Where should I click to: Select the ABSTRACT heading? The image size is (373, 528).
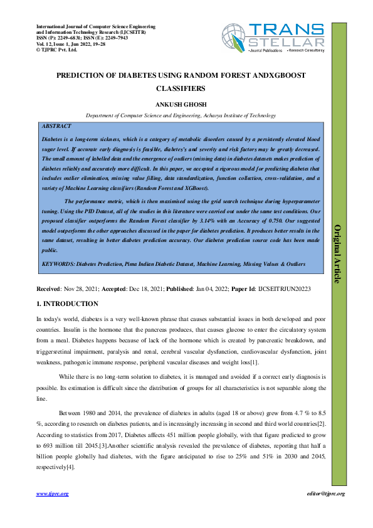click(x=56, y=126)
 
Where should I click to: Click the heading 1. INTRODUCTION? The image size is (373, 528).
click(x=68, y=304)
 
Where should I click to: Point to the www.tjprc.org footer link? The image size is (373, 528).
click(x=53, y=494)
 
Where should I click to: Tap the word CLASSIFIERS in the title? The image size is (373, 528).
click(x=181, y=89)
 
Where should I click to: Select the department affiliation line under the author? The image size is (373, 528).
click(x=181, y=115)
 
